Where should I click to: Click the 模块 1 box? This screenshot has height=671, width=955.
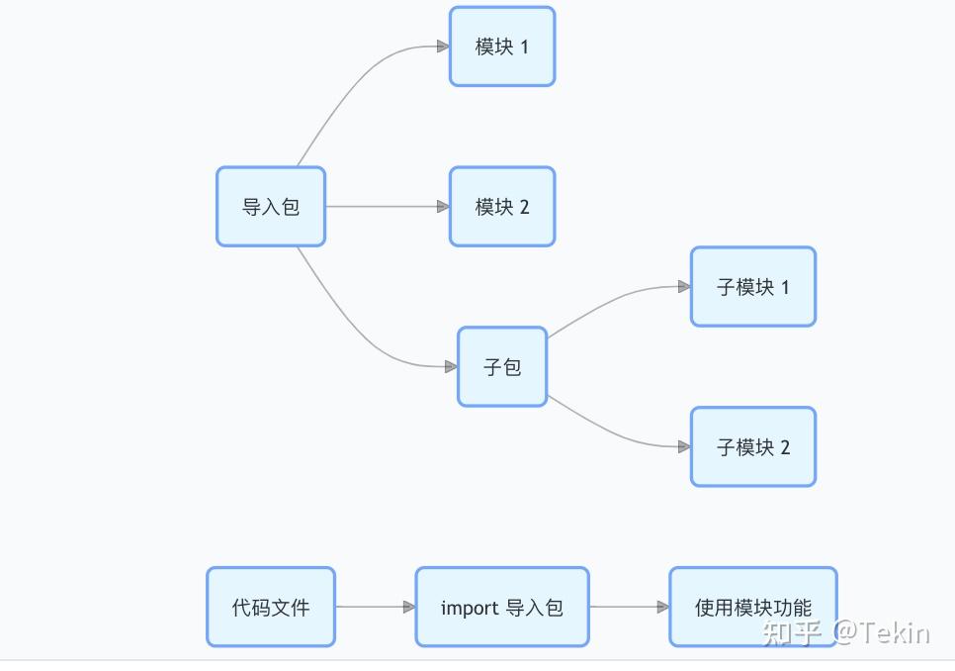pyautogui.click(x=502, y=47)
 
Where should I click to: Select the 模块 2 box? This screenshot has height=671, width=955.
pyautogui.click(x=502, y=207)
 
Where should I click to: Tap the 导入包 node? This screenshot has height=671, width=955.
pyautogui.click(x=271, y=207)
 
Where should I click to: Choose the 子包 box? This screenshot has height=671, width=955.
pyautogui.click(x=502, y=367)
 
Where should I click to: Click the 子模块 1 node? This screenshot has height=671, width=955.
pyautogui.click(x=753, y=287)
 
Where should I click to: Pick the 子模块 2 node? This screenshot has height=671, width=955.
pyautogui.click(x=753, y=447)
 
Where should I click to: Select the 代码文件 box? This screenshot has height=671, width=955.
pyautogui.click(x=271, y=608)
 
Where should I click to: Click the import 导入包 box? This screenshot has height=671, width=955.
pyautogui.click(x=502, y=608)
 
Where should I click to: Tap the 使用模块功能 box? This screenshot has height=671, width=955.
pyautogui.click(x=753, y=608)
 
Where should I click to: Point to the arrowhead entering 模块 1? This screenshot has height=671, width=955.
pyautogui.click(x=443, y=47)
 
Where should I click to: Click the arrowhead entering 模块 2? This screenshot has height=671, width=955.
pyautogui.click(x=443, y=207)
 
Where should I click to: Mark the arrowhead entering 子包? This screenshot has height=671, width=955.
pyautogui.click(x=451, y=367)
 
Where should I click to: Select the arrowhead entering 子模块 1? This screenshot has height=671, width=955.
pyautogui.click(x=684, y=287)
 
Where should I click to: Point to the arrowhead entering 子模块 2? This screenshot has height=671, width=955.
pyautogui.click(x=684, y=447)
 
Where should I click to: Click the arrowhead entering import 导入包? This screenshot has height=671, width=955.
pyautogui.click(x=409, y=608)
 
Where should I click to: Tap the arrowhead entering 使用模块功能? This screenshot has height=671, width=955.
pyautogui.click(x=663, y=608)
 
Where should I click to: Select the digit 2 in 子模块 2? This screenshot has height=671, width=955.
pyautogui.click(x=785, y=447)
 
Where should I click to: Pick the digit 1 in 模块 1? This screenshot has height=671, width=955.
pyautogui.click(x=524, y=47)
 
